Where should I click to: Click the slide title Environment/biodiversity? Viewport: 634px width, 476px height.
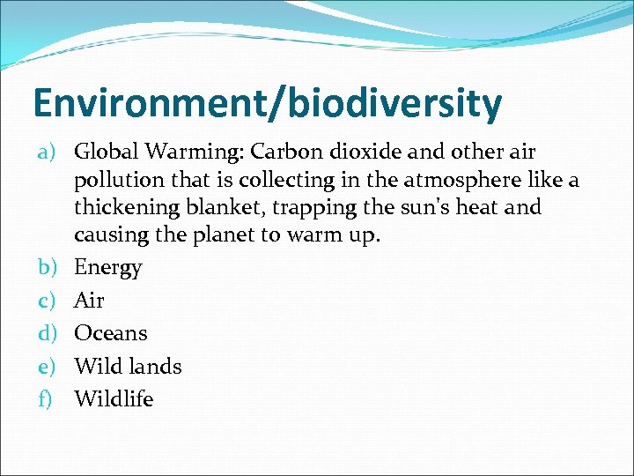(x=267, y=102)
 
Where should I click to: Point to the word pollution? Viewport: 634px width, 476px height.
(x=115, y=181)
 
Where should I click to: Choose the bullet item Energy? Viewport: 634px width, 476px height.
(x=107, y=268)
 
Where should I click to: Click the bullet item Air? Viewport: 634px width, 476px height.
(x=89, y=301)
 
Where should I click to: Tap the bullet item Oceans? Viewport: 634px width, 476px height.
(x=110, y=333)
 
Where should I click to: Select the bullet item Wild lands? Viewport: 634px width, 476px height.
(x=128, y=366)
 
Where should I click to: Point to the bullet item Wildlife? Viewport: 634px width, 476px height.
(x=114, y=399)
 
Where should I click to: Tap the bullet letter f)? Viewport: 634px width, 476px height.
(x=47, y=399)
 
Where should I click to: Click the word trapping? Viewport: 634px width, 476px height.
(x=312, y=209)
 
